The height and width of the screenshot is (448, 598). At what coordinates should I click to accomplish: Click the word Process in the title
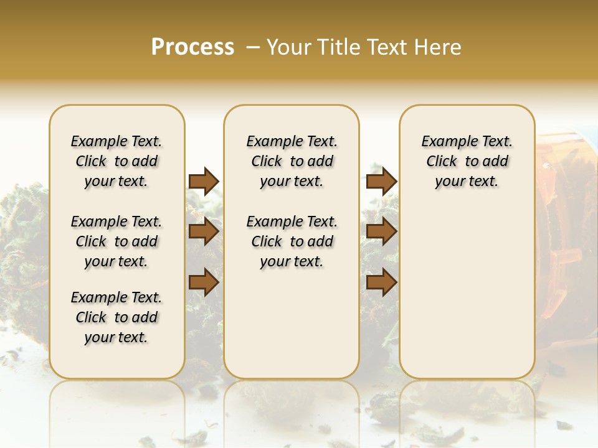pos(192,47)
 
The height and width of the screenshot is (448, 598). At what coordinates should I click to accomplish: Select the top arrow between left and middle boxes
pos(204,182)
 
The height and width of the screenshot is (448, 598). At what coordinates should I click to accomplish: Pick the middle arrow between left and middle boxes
pos(204,232)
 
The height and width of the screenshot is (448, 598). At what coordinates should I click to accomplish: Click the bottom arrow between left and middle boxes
pos(204,282)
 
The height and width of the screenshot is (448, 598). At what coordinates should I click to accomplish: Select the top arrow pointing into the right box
pos(381,182)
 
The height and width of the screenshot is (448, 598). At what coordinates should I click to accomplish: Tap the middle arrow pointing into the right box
pos(381,232)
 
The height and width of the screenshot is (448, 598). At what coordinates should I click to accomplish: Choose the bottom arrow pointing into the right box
pos(381,282)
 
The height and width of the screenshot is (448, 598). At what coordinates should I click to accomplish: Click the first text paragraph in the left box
pos(116,161)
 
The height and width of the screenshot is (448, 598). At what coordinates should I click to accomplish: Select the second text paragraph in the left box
pos(116,241)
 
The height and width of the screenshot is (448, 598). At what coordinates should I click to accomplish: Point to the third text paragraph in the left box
pos(116,317)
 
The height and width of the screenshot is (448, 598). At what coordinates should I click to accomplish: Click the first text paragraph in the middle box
pos(292,161)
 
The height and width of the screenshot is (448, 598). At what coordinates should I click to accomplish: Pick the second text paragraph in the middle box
pos(292,241)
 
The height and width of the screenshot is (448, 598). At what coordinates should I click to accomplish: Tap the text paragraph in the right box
pos(467,161)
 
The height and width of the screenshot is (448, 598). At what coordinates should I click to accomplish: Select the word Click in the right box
pos(442,162)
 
